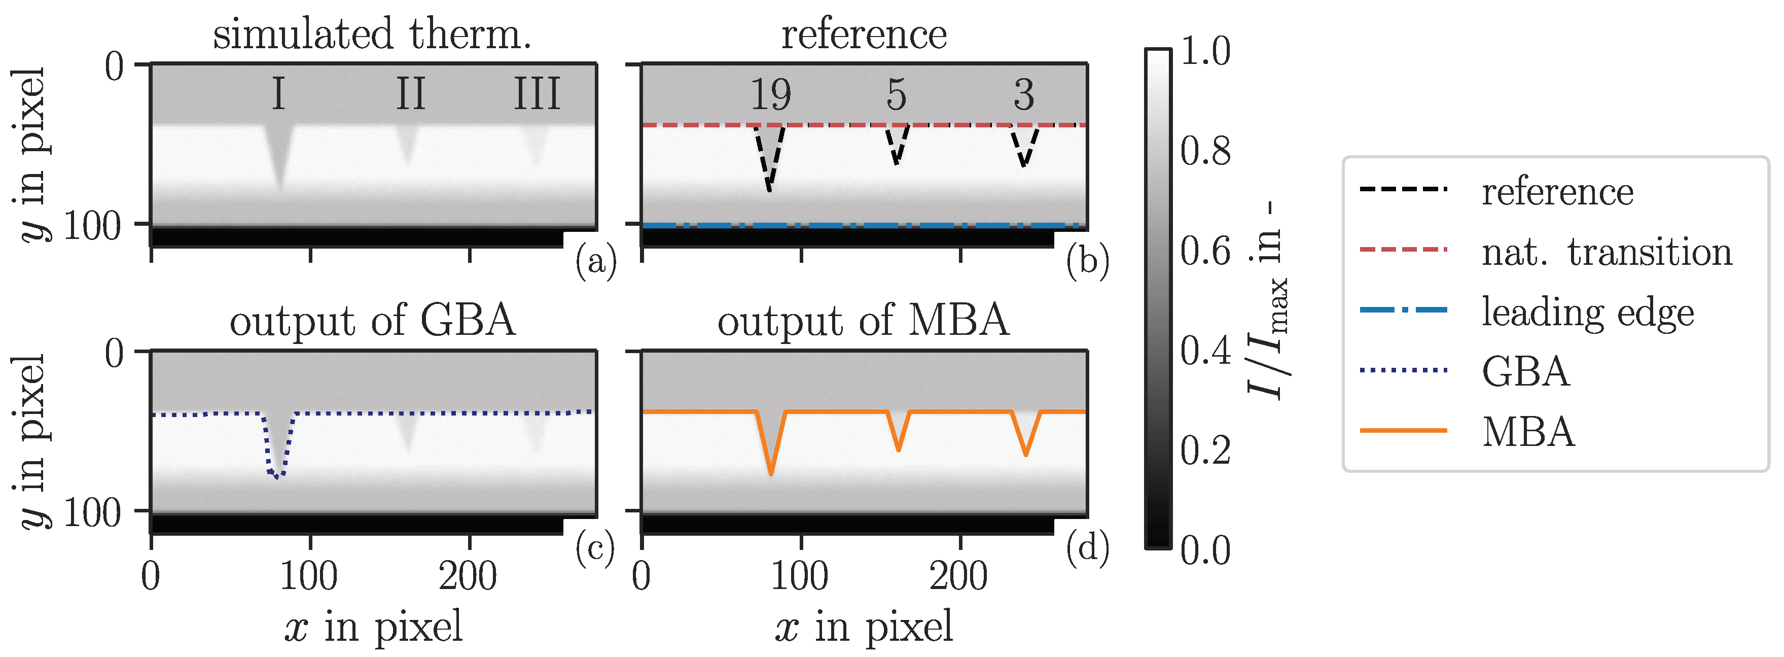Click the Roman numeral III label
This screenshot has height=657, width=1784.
537,94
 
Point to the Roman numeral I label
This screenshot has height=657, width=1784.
278,94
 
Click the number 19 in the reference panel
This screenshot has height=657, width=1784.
770,94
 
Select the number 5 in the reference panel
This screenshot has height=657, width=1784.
896,94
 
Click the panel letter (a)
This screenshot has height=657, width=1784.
595,263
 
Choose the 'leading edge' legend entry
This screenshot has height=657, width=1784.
1587,312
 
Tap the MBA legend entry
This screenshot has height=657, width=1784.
1528,432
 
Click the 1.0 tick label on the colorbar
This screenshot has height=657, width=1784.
1205,51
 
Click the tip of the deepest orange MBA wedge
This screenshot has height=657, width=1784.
771,474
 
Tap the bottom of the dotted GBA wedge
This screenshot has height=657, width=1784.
276,477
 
